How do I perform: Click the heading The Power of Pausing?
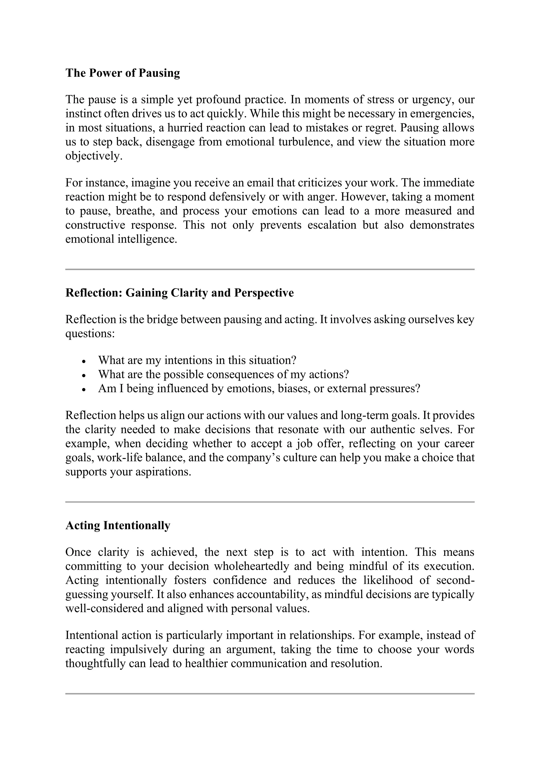(x=122, y=73)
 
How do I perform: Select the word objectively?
(x=93, y=156)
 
